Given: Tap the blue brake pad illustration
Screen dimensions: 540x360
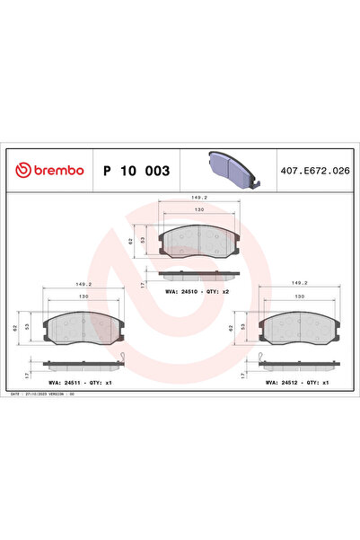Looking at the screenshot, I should point(230,168).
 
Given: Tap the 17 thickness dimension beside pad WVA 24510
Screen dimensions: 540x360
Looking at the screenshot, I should point(143,284).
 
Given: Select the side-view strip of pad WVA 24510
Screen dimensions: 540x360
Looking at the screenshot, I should point(198,273).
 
